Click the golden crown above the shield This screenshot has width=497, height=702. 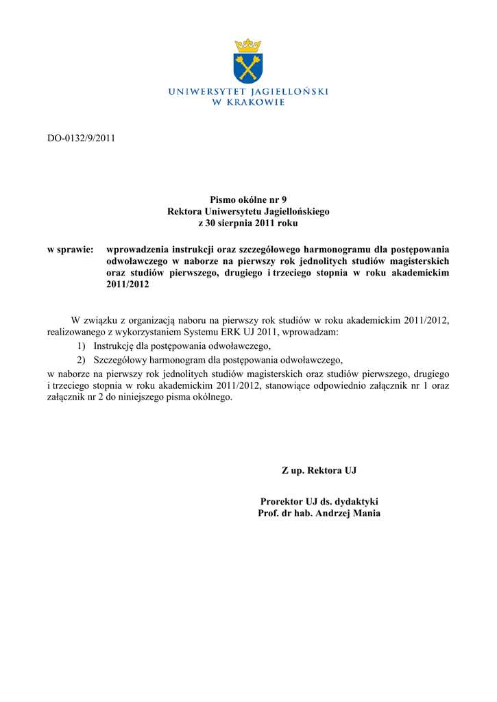pyautogui.click(x=248, y=45)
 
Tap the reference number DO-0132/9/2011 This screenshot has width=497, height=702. pyautogui.click(x=81, y=138)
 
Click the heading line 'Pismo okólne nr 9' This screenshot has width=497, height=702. pyautogui.click(x=248, y=199)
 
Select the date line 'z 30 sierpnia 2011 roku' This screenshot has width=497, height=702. pyautogui.click(x=248, y=223)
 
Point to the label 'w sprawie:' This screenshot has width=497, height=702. pyautogui.click(x=70, y=250)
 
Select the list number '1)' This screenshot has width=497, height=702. pyautogui.click(x=81, y=346)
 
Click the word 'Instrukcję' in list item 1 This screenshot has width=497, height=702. pyautogui.click(x=114, y=346)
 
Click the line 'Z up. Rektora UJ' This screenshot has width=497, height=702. pyautogui.click(x=319, y=471)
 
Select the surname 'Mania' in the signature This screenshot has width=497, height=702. pyautogui.click(x=366, y=513)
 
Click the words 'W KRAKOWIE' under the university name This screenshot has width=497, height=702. pyautogui.click(x=248, y=102)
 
